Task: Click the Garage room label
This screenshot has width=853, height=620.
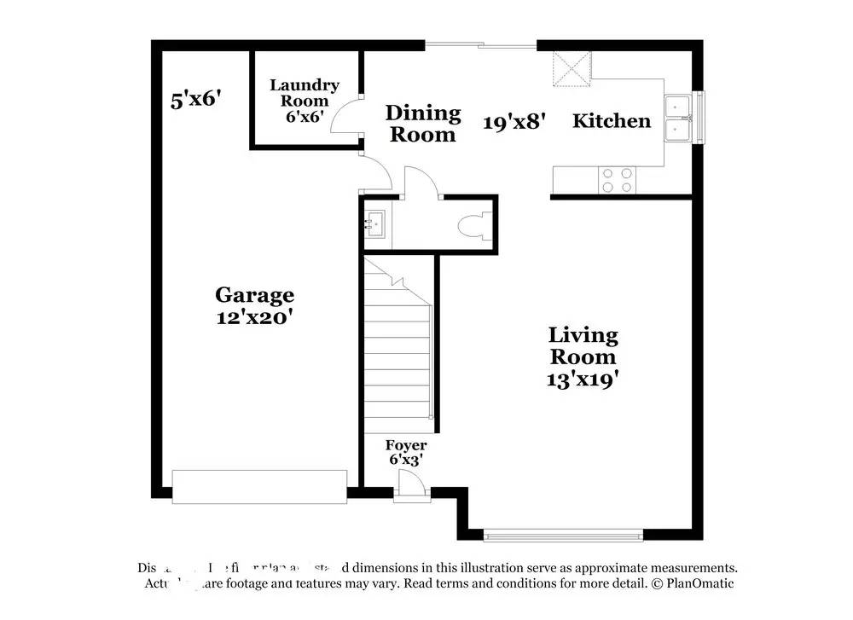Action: click(254, 295)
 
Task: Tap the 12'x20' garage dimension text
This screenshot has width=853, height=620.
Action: click(254, 316)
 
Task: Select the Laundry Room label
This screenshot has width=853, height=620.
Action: click(305, 92)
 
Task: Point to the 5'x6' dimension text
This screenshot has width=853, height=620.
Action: click(196, 100)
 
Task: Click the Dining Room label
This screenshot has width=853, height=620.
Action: click(423, 123)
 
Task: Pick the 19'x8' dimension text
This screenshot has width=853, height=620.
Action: click(514, 122)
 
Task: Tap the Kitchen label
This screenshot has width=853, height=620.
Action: click(611, 121)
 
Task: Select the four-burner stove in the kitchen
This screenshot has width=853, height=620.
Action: click(617, 180)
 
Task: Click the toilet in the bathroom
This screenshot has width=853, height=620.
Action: click(474, 227)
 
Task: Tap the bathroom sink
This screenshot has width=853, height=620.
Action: click(375, 224)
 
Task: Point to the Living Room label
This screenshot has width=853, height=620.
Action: click(583, 345)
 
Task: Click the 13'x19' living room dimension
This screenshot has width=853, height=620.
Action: click(583, 380)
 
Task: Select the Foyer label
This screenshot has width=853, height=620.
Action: click(406, 445)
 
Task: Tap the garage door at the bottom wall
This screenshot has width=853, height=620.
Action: click(259, 486)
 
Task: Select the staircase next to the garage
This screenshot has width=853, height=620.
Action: click(399, 350)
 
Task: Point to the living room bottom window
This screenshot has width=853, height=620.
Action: click(563, 536)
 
